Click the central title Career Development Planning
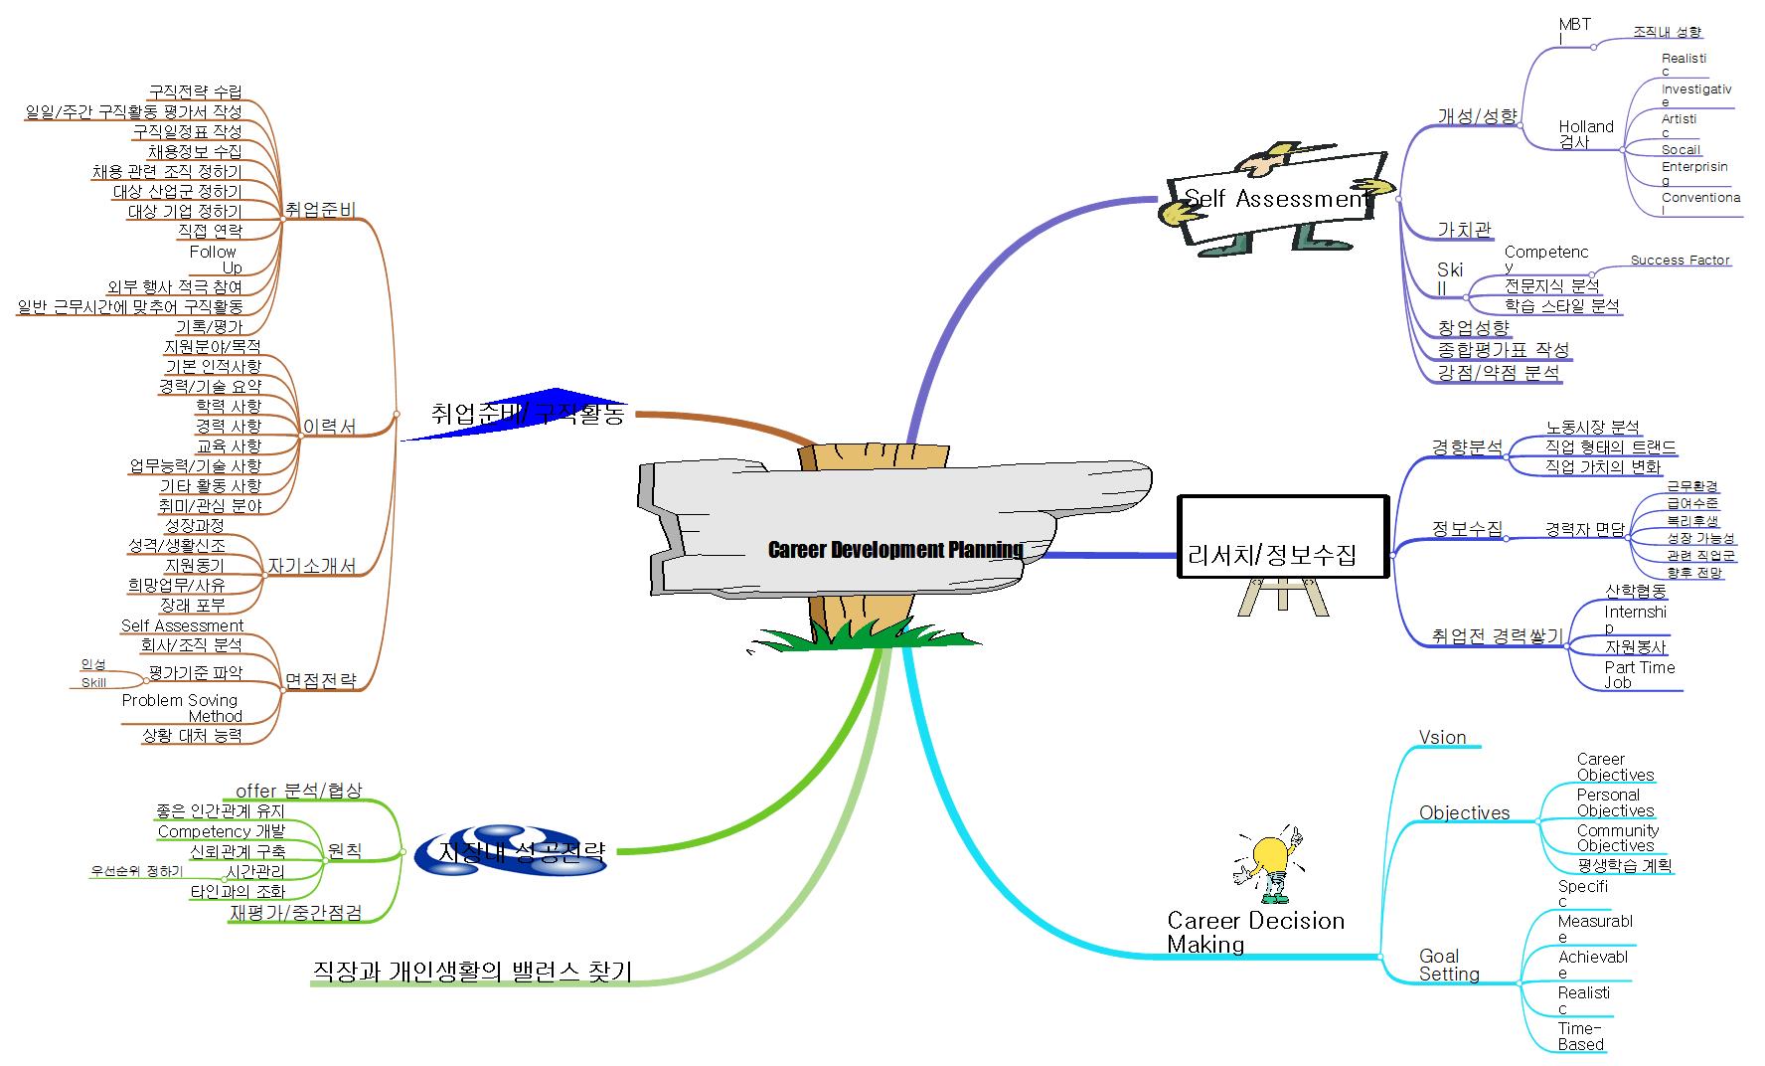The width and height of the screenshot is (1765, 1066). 894,550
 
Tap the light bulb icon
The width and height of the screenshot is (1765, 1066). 1269,861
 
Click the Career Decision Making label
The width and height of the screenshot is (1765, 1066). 1255,933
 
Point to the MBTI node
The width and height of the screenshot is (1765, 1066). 1574,32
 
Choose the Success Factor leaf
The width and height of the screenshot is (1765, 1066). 1680,260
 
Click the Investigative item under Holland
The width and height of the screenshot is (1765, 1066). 1695,95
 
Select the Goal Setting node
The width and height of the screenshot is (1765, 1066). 1448,966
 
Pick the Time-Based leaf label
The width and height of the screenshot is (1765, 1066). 1580,1036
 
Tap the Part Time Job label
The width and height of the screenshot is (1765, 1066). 1639,674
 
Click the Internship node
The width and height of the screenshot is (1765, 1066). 1635,619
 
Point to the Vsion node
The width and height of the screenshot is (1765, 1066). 1442,737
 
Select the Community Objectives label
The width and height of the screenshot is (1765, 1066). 1617,837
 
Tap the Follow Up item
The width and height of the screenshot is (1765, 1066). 215,260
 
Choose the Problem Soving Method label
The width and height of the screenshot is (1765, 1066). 182,708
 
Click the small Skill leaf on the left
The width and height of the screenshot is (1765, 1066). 93,683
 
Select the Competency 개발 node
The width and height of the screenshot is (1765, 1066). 221,831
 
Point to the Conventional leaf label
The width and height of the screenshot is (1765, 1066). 1699,204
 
